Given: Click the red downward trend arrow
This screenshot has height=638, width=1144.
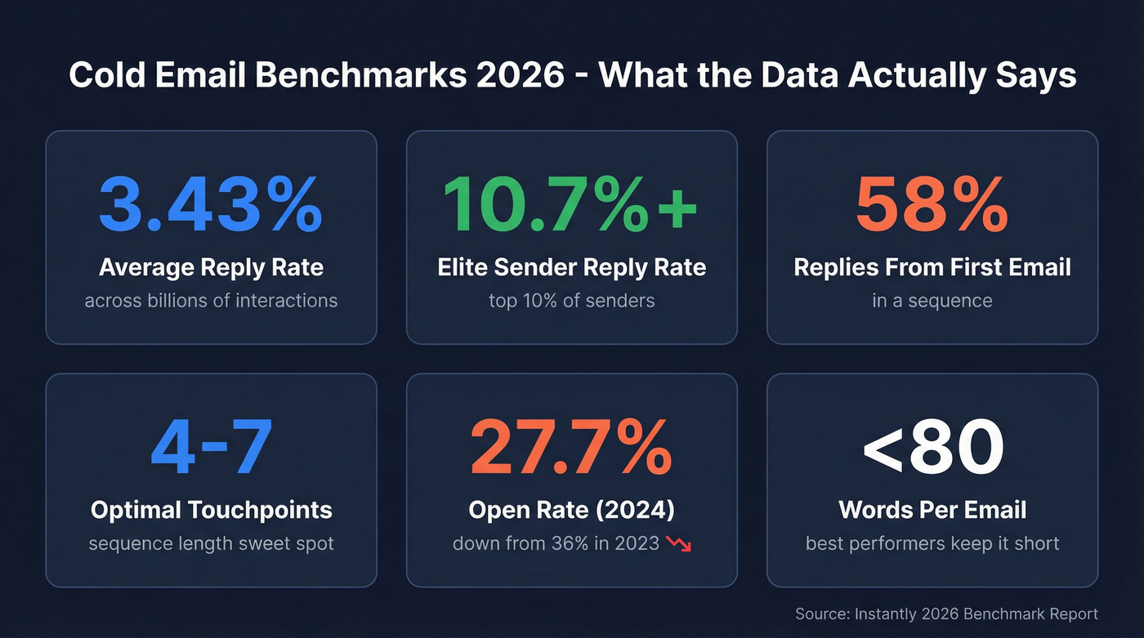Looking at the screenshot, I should pos(679,544).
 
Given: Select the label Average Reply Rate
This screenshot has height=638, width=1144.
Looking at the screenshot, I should pos(211,267).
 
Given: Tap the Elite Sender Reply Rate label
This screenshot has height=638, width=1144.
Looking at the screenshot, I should pos(571,267).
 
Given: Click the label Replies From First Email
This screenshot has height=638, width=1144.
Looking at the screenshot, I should pos(932,267).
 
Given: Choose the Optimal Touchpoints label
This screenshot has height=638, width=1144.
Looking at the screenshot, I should pos(211,510).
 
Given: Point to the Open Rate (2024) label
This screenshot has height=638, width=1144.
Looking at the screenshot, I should pos(571,510).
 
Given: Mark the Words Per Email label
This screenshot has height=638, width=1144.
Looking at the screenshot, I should pos(932,510).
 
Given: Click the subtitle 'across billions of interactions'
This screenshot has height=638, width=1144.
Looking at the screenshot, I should pos(211,301).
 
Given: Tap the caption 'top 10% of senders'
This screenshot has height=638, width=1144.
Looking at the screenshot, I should pos(571,301).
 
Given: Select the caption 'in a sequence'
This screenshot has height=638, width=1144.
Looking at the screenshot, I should pos(932,301).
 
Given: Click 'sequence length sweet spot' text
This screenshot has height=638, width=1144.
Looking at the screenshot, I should pos(211,543).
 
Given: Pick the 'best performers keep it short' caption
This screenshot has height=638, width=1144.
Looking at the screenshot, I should pos(932,543).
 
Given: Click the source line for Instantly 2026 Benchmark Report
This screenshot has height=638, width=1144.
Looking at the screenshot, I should pos(946,613).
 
